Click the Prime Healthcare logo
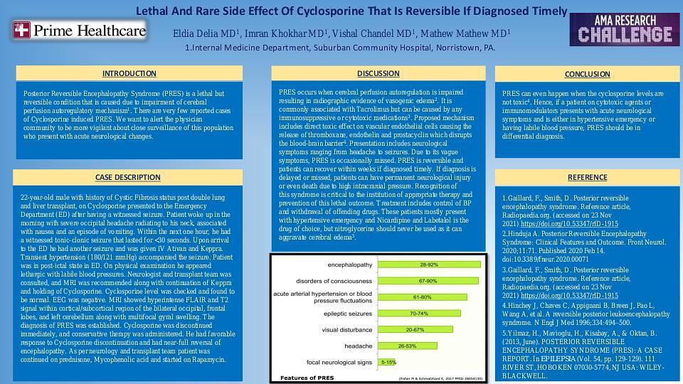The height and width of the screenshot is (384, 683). pyautogui.click(x=78, y=31)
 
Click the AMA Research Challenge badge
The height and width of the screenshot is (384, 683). pyautogui.click(x=624, y=29)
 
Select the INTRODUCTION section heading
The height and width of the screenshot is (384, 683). pyautogui.click(x=129, y=74)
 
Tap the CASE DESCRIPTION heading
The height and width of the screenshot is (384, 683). pyautogui.click(x=128, y=177)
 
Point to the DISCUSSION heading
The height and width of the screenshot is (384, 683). pyautogui.click(x=378, y=74)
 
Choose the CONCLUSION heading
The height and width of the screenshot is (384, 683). pyautogui.click(x=587, y=74)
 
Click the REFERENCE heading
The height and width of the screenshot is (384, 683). pyautogui.click(x=587, y=177)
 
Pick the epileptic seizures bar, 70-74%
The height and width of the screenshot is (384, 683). pyautogui.click(x=418, y=313)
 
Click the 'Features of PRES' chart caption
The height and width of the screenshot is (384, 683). pyautogui.click(x=307, y=378)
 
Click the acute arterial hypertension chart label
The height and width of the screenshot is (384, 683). pyautogui.click(x=324, y=297)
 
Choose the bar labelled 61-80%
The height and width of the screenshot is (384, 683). pyautogui.click(x=422, y=297)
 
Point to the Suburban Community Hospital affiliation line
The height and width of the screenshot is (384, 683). pyautogui.click(x=340, y=48)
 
